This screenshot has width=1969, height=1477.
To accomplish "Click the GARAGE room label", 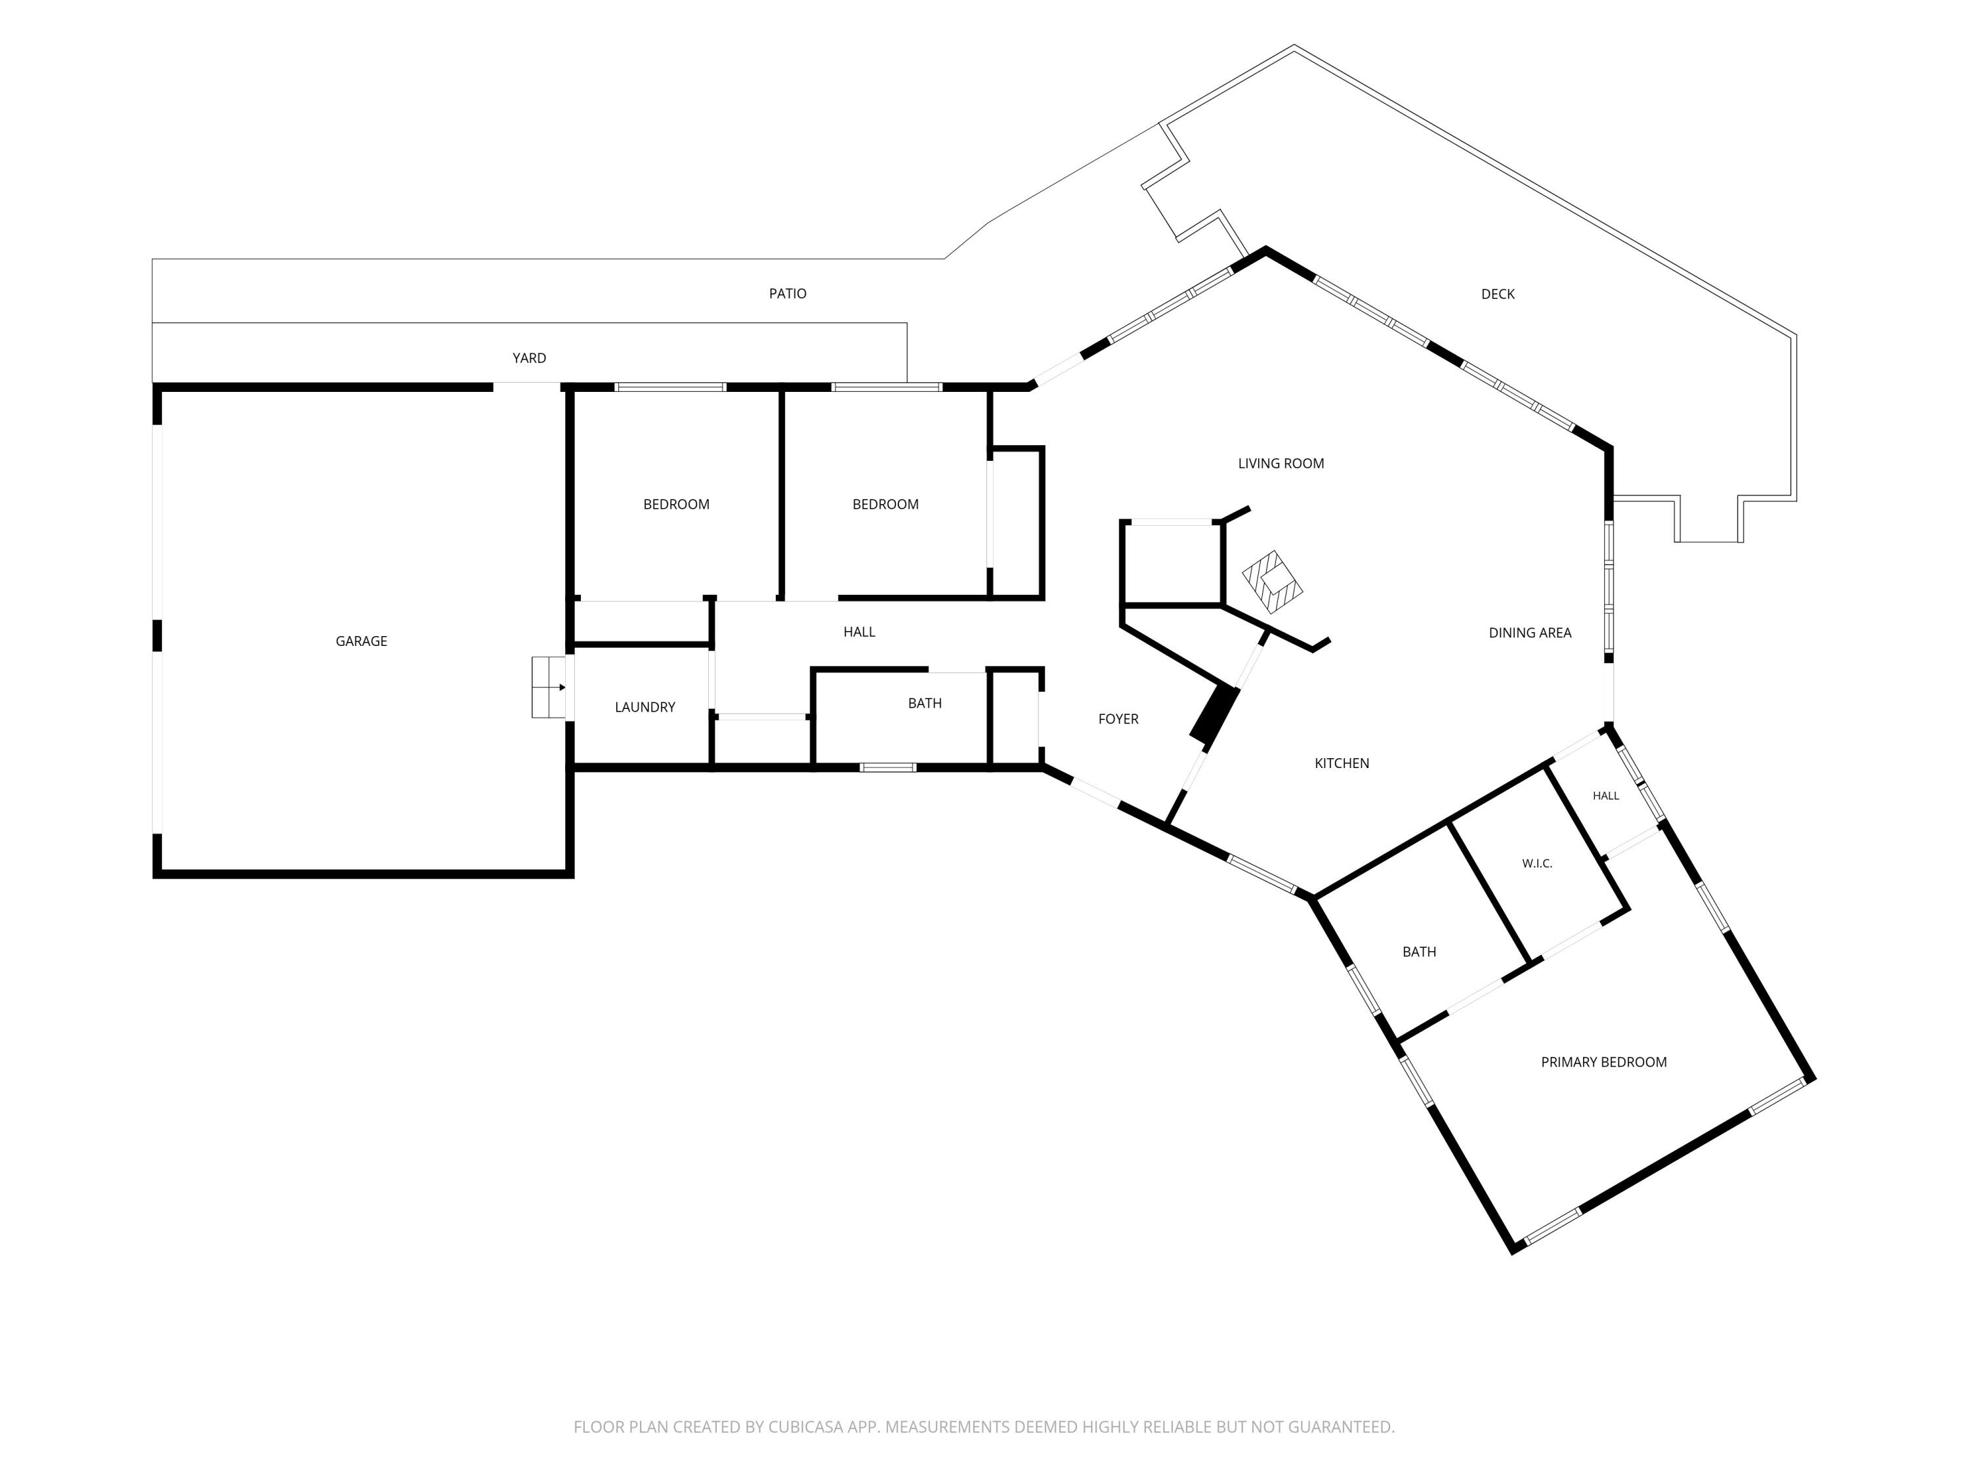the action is (362, 641).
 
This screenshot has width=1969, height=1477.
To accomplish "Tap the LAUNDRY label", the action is (645, 707).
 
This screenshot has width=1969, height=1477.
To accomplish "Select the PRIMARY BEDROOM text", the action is (1603, 1062).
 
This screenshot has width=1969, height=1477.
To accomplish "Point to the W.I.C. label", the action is (1537, 864).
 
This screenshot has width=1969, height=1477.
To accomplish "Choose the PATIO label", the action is (788, 294).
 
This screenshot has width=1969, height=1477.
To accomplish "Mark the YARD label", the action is (529, 358).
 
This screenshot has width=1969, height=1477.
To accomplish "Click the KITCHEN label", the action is (1342, 763).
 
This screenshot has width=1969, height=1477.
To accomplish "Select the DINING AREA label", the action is (1530, 633).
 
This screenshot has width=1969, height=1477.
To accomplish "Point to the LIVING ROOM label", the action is (1281, 463).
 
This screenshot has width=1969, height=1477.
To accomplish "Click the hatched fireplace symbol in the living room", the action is (1273, 582).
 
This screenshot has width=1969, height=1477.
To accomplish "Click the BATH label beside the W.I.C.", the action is (1419, 952).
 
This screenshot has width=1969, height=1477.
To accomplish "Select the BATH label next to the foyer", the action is (925, 703).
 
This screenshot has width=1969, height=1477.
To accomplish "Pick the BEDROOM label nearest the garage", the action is (677, 504).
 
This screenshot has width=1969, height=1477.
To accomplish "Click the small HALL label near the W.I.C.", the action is (1606, 796).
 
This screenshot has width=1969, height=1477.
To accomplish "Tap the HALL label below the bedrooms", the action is (859, 632).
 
